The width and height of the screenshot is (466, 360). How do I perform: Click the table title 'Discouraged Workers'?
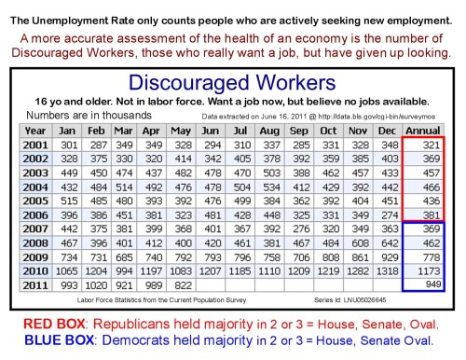coord(233,82)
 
